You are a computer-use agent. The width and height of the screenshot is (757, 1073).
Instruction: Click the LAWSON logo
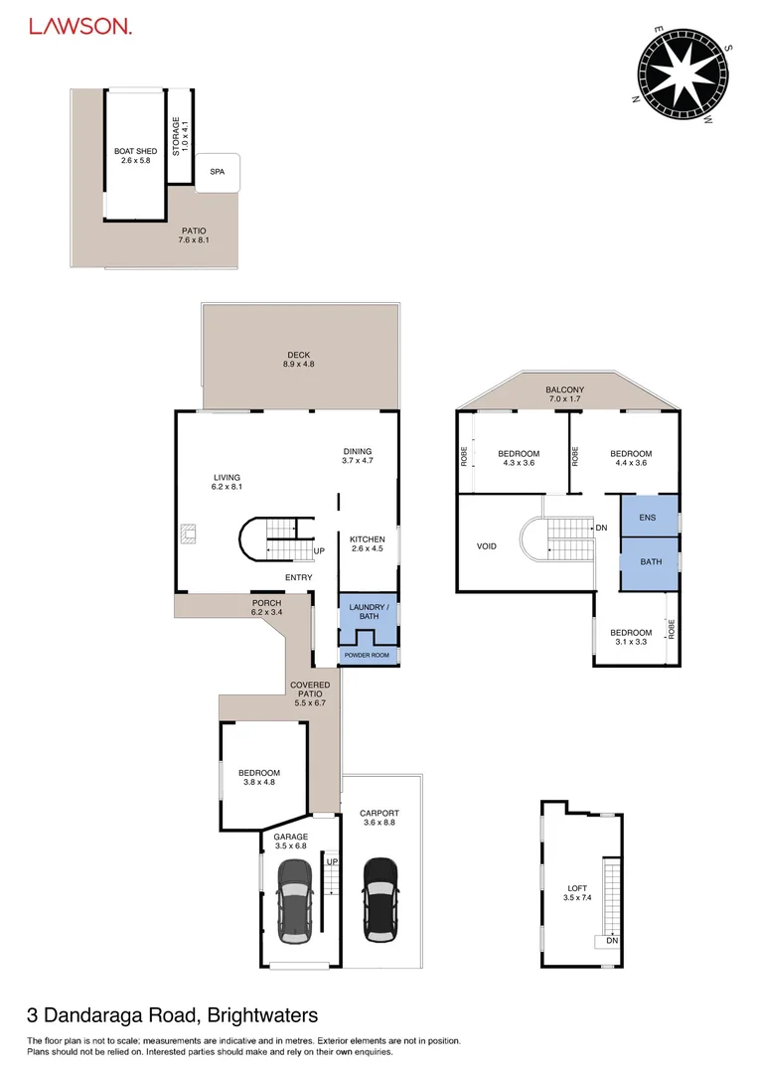click(x=79, y=28)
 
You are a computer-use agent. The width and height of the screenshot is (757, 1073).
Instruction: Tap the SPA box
click(x=217, y=172)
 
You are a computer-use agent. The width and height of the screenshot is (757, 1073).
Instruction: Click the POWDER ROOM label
click(x=368, y=656)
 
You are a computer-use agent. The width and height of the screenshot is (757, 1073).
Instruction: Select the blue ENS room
click(x=648, y=518)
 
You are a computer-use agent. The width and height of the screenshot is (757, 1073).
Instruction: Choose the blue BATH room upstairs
click(x=650, y=561)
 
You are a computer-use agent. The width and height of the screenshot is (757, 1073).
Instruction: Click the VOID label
click(x=486, y=545)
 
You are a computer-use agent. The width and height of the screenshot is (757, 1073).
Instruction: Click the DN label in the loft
click(x=612, y=940)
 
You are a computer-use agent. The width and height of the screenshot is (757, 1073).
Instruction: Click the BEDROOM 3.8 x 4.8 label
click(x=258, y=778)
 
